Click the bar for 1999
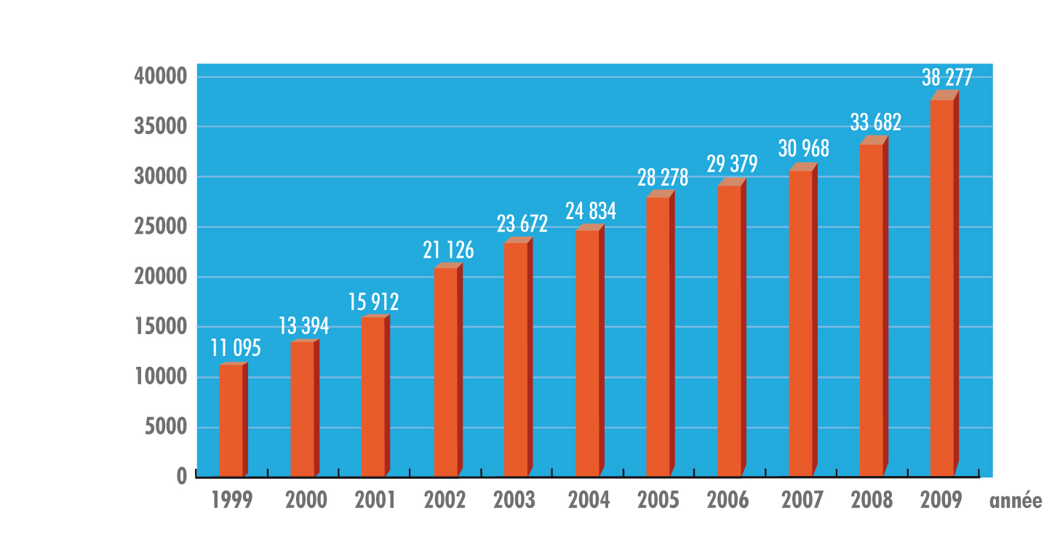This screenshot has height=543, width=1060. pos(231,420)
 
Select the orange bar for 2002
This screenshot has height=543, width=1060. pos(446,372)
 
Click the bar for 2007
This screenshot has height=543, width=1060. pos(800,323)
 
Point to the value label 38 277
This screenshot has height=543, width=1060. pos(947,76)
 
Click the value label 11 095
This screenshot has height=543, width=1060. pos(236,348)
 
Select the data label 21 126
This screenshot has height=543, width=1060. pos(448,250)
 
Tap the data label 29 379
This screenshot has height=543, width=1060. pos(732,164)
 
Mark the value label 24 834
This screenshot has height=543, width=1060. pos(591,211)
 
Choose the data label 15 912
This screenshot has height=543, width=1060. pos(373,301)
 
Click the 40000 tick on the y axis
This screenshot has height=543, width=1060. pos(162,76)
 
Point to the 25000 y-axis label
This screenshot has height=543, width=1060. pos(162,227)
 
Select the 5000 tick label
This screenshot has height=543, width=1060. pos(167,427)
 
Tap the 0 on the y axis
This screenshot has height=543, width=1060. pos(181,476)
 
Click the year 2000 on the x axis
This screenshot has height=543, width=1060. pos(306,501)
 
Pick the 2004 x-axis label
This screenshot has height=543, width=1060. pos(589,501)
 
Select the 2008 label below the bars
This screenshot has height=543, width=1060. pos(872,501)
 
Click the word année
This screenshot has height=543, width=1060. pos(1016,501)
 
